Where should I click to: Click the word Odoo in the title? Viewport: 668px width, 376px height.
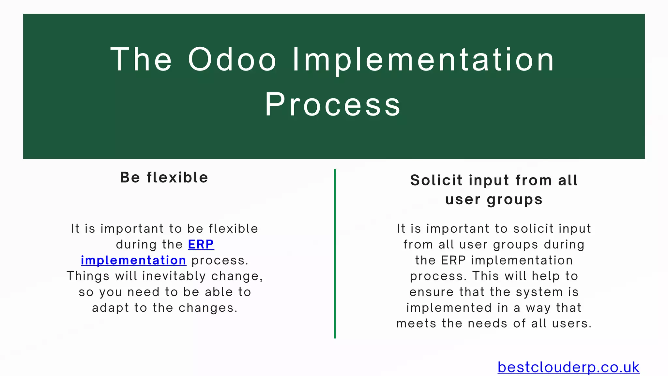point(232,59)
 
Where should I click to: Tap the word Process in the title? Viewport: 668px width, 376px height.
point(333,104)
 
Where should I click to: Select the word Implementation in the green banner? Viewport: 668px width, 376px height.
point(423,59)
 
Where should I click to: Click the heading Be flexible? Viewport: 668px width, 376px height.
point(164,178)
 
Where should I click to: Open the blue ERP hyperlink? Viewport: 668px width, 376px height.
point(201,244)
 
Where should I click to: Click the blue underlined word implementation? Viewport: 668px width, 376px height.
point(133,260)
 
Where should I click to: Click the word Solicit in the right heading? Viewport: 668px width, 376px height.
point(436,180)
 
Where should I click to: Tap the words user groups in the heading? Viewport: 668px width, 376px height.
point(494,199)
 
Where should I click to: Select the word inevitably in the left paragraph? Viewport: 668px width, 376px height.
point(174,276)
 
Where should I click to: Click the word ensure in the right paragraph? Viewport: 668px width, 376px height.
point(432,292)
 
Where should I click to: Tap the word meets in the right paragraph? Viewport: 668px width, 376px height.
point(416,324)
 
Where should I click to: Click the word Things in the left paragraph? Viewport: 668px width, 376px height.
point(88,276)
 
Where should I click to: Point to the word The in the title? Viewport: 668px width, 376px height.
point(141,59)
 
